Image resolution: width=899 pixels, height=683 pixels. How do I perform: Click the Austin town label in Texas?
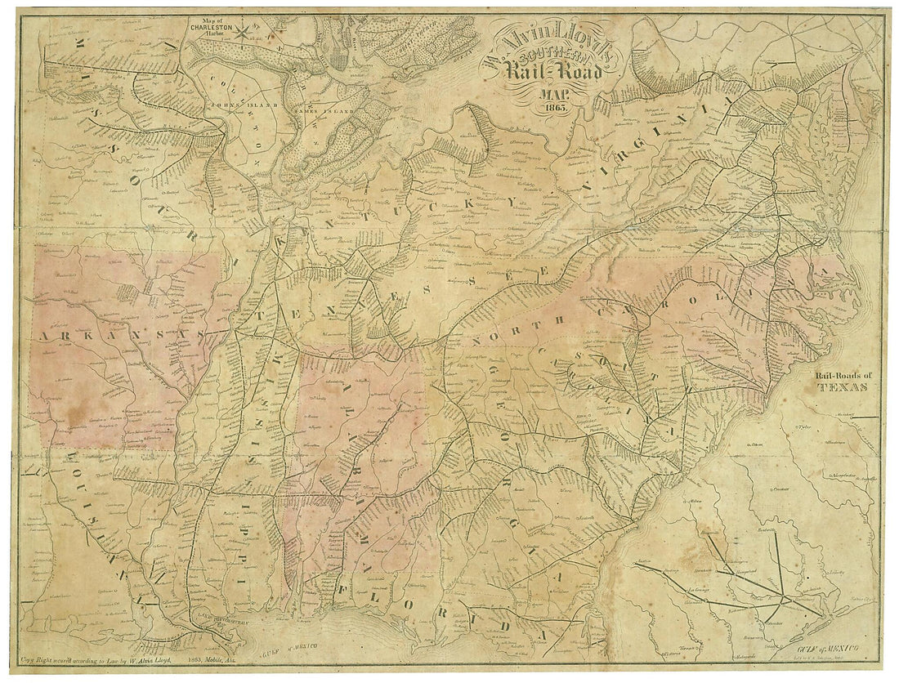646,561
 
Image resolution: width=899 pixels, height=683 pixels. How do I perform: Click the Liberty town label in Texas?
837,574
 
